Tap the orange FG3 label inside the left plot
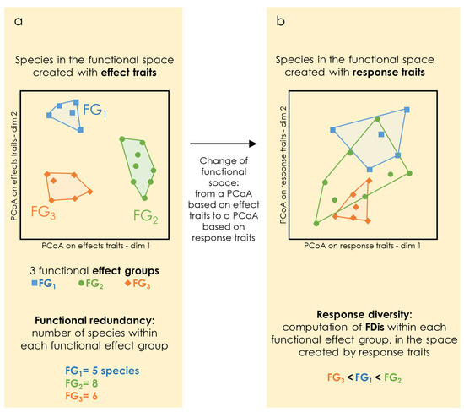click(42, 211)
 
